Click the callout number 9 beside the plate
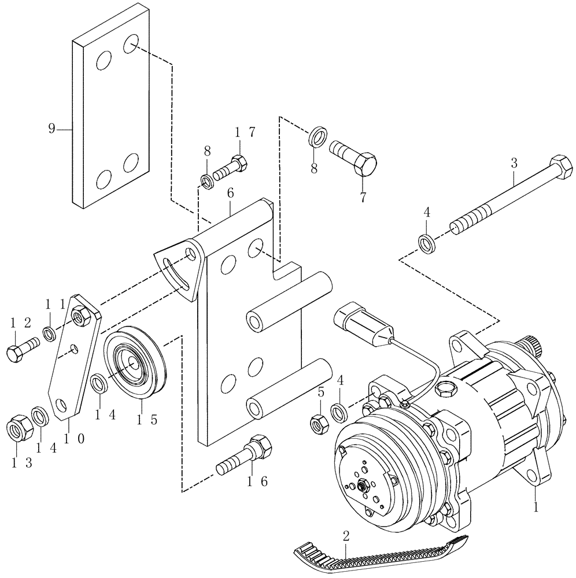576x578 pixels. click(x=51, y=128)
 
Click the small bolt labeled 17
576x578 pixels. click(x=231, y=168)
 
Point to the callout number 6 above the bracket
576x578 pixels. click(x=230, y=194)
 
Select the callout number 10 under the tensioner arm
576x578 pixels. click(x=72, y=439)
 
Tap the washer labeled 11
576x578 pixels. click(x=50, y=334)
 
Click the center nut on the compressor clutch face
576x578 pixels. click(x=363, y=486)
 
